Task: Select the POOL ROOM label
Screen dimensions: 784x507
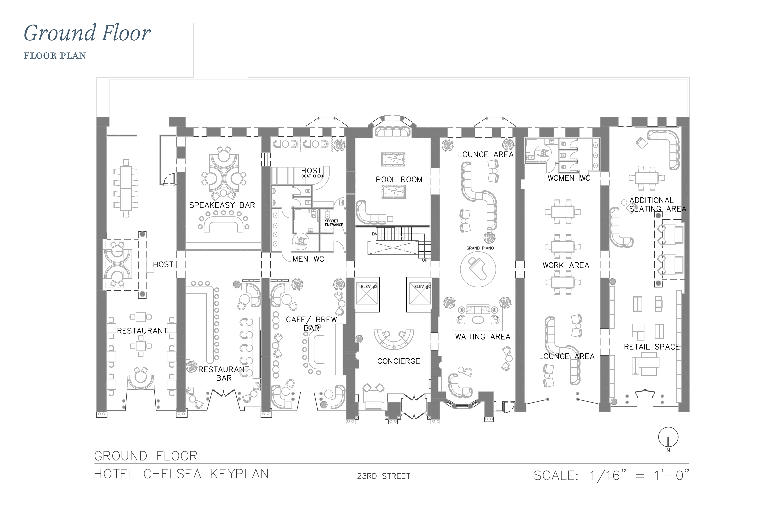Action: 399,180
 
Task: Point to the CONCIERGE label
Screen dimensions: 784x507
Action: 399,362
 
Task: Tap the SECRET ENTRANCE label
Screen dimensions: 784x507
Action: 334,223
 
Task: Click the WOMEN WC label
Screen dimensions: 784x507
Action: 569,178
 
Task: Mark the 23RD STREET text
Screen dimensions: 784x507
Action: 384,476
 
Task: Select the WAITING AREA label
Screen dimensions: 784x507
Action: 483,337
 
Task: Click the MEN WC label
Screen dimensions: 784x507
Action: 308,259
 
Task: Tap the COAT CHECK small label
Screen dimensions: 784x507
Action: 313,176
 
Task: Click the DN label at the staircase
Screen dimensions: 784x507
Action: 374,234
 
